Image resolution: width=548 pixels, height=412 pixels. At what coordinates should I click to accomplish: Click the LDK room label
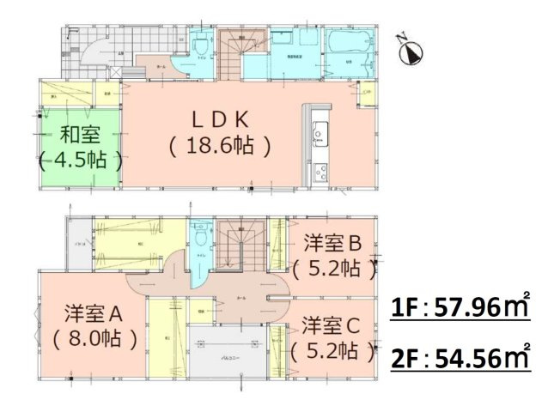[219, 118]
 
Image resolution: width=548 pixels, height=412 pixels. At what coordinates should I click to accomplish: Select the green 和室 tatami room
[79, 146]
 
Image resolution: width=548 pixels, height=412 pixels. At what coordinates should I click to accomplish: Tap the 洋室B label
[331, 241]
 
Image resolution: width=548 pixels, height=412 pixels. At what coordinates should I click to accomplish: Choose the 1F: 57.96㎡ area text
[461, 305]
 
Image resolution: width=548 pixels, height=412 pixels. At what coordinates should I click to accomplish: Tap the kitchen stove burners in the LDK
[320, 169]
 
